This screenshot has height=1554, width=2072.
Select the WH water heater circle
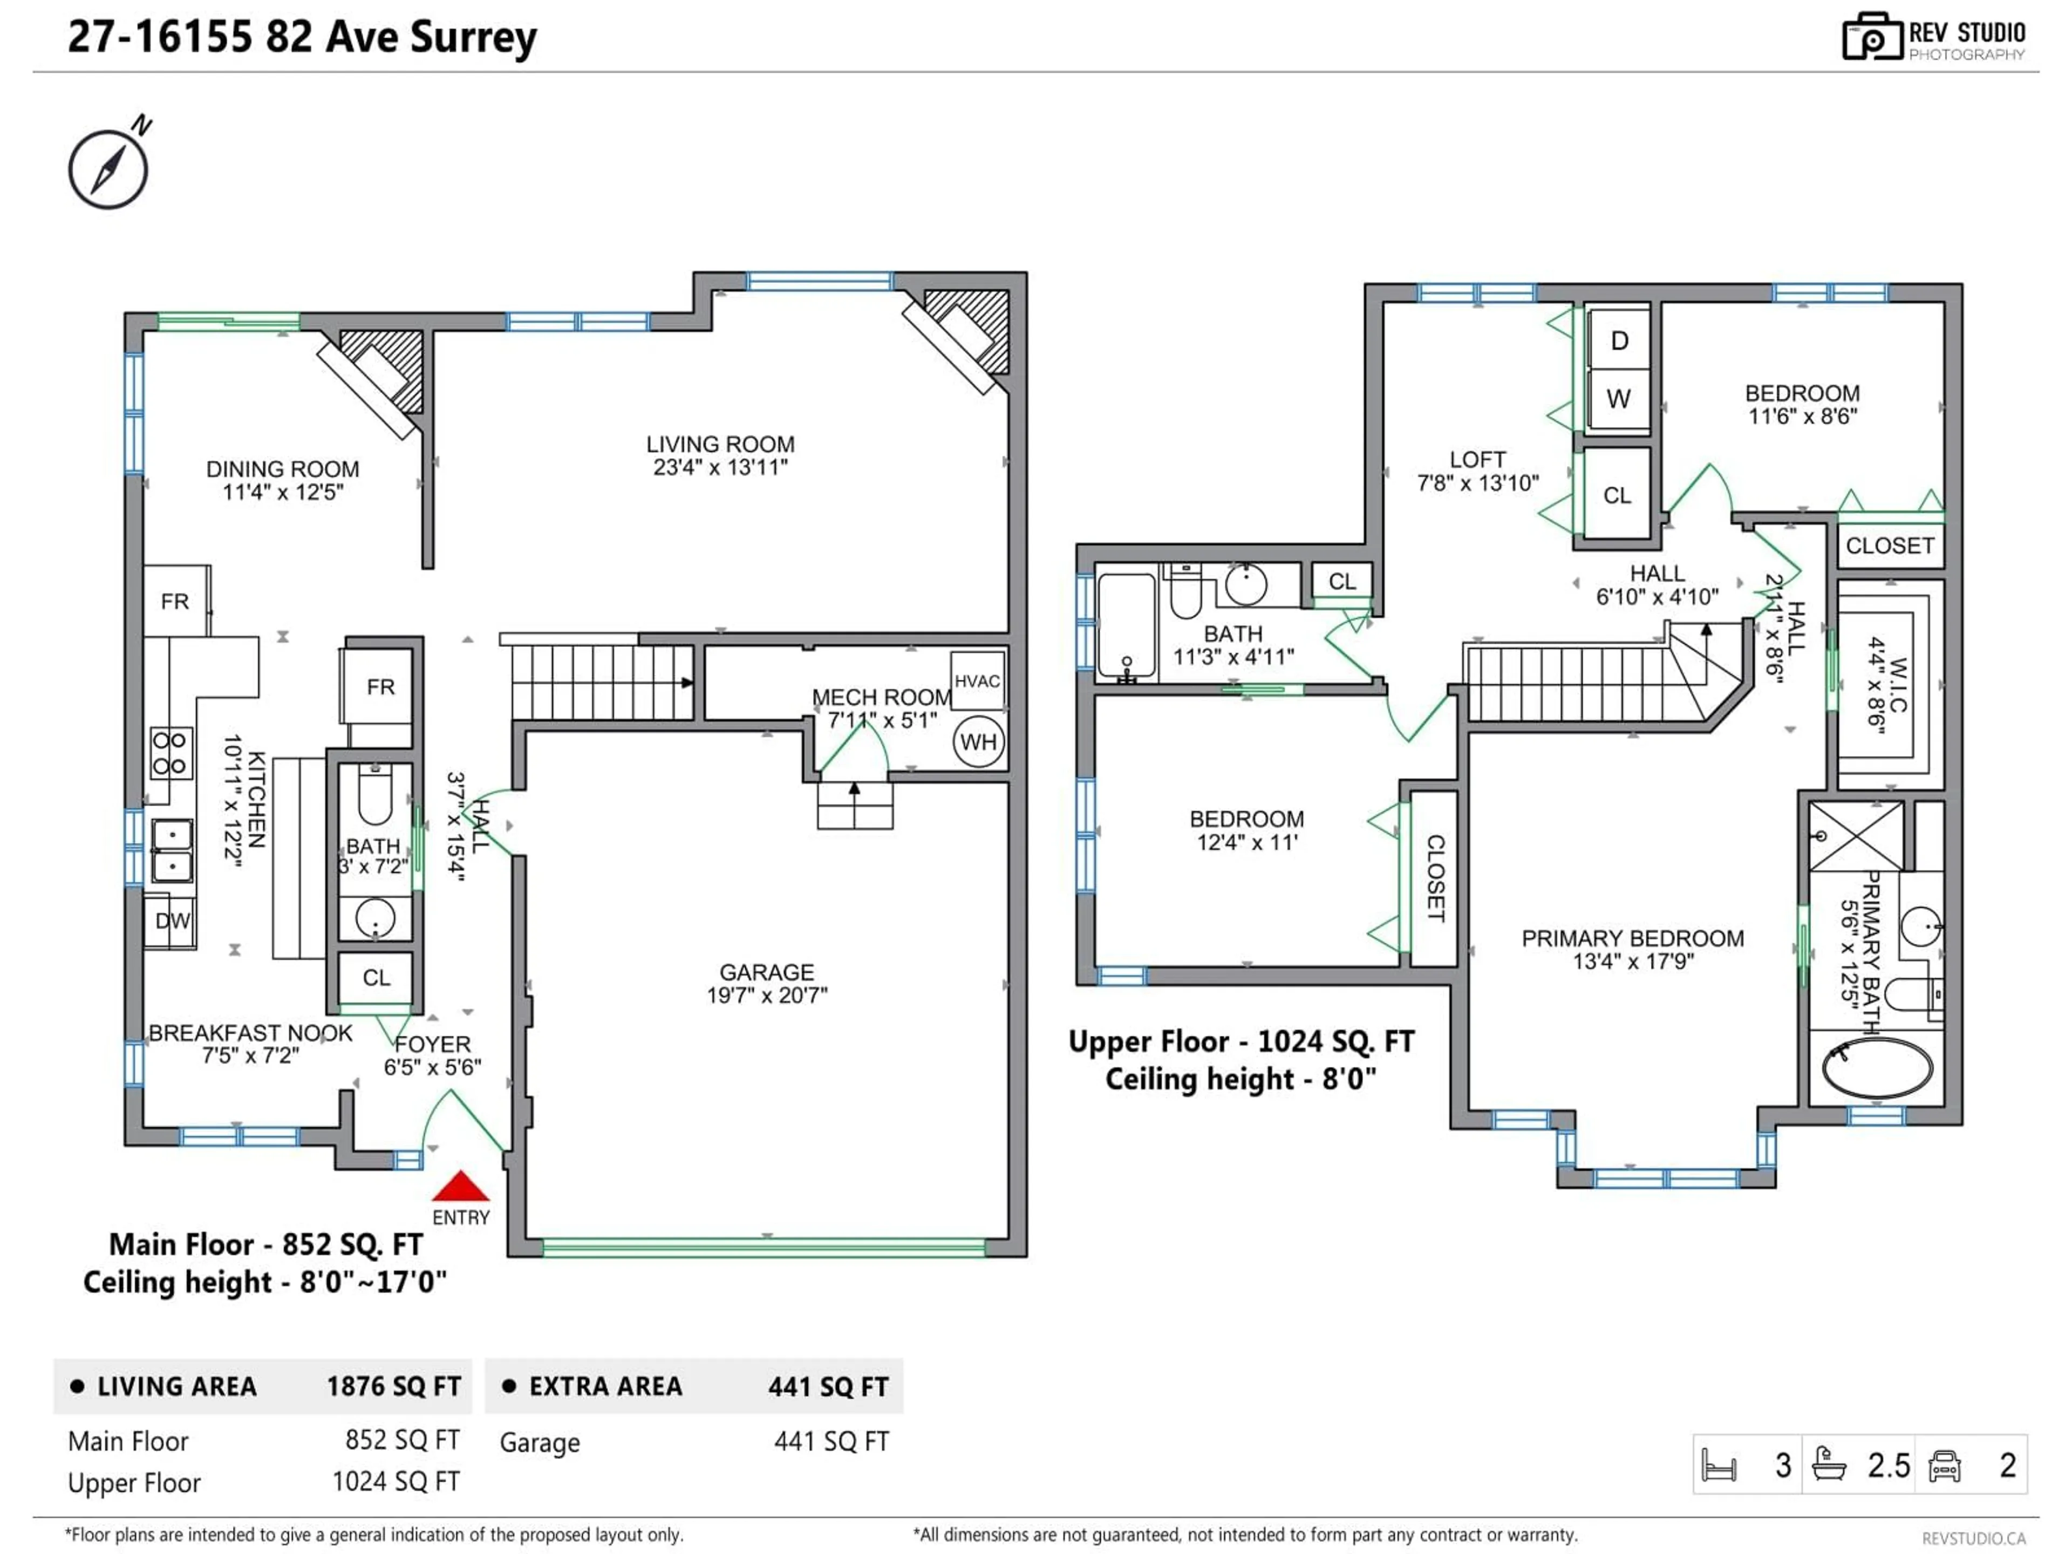coord(978,742)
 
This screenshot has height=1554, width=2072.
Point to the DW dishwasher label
coord(172,921)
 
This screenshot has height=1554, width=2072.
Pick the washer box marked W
coord(1619,399)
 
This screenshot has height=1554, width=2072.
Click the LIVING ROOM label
coord(720,444)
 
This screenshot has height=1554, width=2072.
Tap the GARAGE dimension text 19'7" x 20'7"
coord(767,995)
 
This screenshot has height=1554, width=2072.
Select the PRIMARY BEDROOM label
coord(1633,938)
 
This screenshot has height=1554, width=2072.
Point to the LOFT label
coord(1477,459)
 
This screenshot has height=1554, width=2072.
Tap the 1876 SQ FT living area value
coord(393,1386)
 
